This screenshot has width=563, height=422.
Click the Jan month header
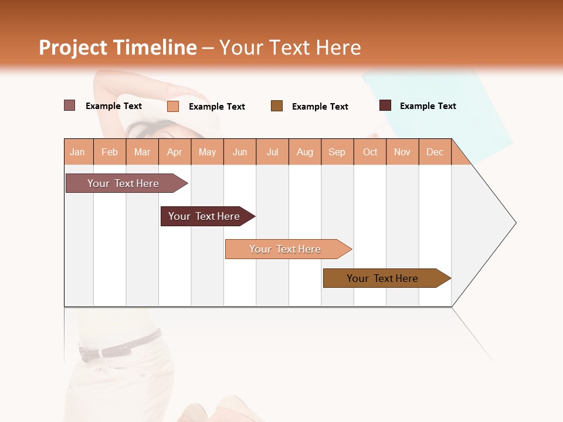[77, 152]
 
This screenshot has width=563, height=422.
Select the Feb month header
[110, 152]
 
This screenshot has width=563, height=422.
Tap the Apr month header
[175, 152]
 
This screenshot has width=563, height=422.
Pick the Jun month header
[240, 152]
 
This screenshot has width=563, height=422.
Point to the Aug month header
[305, 152]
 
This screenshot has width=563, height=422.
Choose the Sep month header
[337, 152]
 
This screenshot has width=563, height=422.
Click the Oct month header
[370, 152]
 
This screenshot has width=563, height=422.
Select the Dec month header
[435, 152]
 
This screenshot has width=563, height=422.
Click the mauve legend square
[70, 105]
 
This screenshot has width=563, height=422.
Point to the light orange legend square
[173, 106]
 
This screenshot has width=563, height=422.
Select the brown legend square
[277, 105]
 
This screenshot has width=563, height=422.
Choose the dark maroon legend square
[385, 105]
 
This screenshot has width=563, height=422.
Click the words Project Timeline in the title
[117, 47]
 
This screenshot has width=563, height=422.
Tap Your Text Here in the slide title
[290, 47]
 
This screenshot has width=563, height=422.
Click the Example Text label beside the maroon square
[428, 106]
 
